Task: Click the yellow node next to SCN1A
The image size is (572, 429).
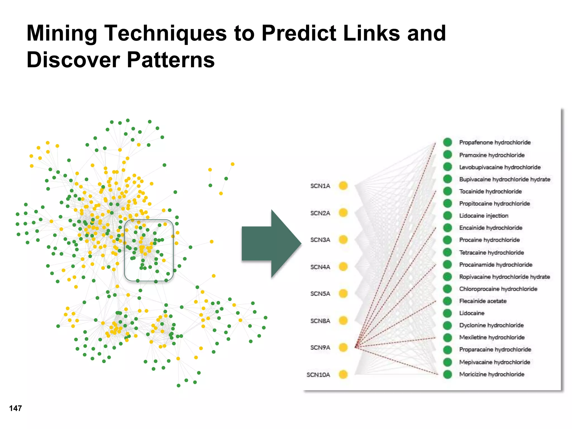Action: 343,185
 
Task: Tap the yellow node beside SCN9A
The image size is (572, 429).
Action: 343,347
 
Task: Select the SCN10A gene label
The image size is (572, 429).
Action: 318,375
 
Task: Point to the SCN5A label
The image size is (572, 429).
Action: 320,294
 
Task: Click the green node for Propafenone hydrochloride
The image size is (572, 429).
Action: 447,142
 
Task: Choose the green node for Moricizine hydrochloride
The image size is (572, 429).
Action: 447,374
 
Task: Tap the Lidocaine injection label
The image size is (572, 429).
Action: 483,216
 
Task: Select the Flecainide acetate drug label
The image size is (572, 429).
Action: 483,301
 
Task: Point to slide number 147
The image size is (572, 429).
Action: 15,408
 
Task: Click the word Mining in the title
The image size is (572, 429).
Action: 62,33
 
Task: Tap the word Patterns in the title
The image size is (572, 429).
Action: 171,60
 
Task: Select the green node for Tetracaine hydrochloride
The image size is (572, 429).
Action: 447,252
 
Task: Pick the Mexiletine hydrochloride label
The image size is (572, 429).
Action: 492,337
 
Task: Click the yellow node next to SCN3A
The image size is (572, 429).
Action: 343,240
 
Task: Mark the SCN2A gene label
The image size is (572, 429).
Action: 320,213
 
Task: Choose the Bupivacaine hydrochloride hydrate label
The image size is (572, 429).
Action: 504,179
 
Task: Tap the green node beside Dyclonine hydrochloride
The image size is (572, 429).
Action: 447,325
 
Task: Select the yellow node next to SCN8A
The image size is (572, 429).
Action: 343,320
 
